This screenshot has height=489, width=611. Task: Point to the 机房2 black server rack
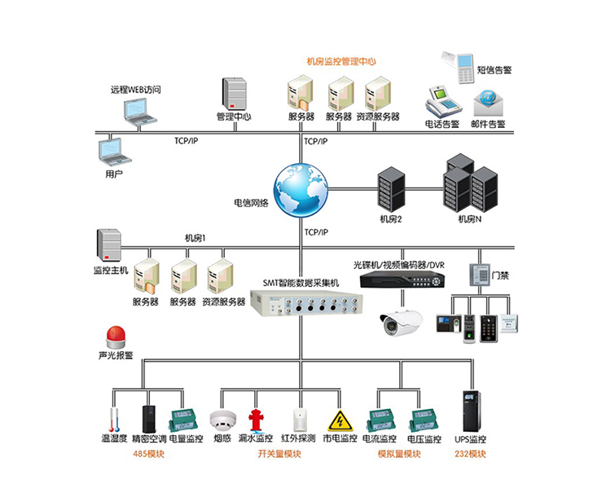(x=391, y=190)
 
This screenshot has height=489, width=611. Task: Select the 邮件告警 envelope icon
(x=489, y=101)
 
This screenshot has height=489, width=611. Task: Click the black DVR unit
(x=403, y=280)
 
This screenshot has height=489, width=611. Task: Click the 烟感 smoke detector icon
(x=222, y=420)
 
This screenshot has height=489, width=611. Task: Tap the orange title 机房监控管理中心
(x=341, y=61)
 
